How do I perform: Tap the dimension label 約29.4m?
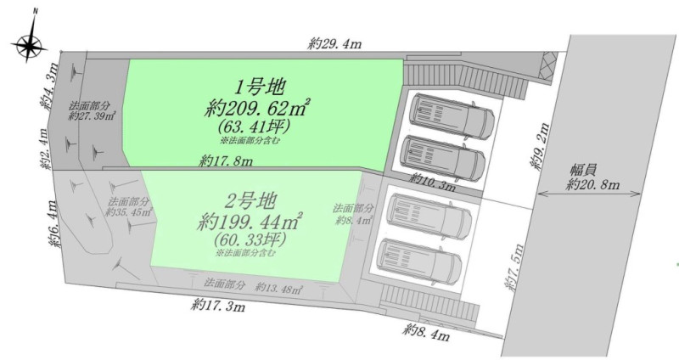tap(334, 43)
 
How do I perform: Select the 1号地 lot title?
tap(259, 87)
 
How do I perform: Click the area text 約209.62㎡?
tap(257, 107)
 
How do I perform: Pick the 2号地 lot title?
tap(250, 201)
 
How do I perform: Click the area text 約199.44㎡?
tap(250, 222)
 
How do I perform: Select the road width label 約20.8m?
tap(592, 184)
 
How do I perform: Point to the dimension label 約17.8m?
tap(226, 160)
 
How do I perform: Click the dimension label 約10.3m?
tap(434, 182)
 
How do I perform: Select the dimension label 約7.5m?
tap(515, 267)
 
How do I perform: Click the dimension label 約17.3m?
tap(218, 306)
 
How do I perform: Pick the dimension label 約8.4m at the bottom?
tap(426, 332)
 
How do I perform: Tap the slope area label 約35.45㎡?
tap(129, 212)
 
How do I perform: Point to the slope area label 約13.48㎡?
tap(278, 287)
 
